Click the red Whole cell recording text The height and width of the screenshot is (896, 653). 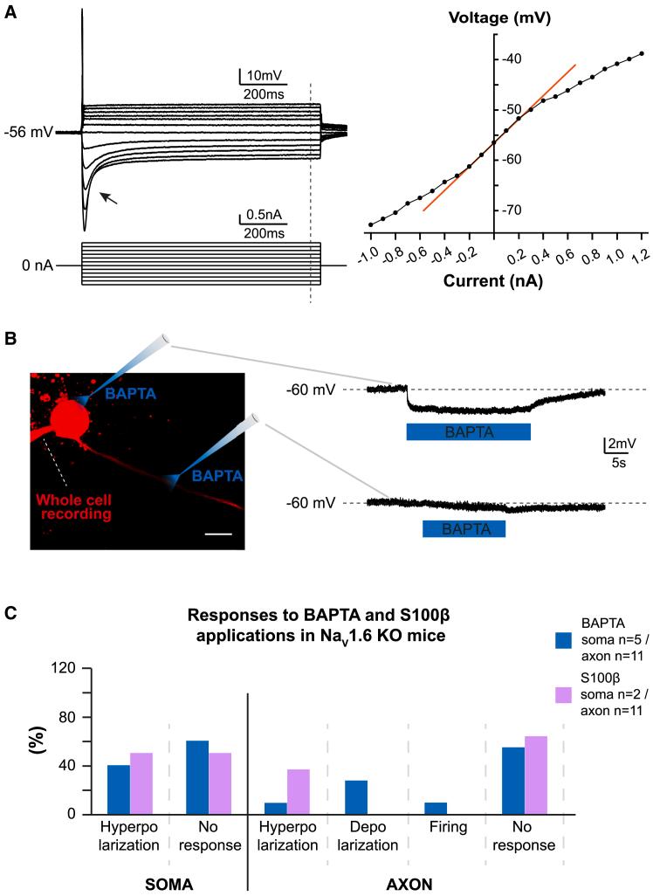point(74,507)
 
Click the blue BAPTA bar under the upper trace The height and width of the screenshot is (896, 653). point(468,432)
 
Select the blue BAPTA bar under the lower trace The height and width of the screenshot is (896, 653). point(464,528)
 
